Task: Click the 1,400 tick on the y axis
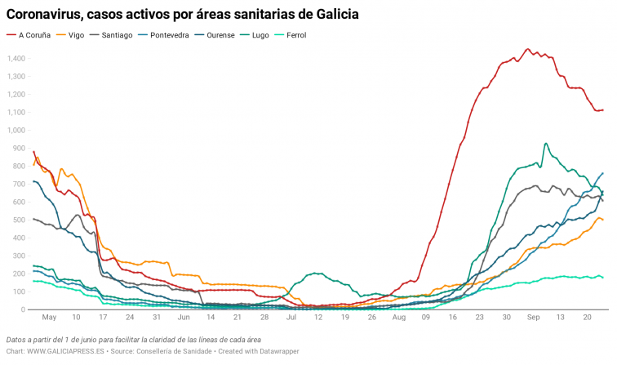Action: tap(16, 58)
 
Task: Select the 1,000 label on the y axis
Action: tap(16, 130)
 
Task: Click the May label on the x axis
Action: tap(49, 316)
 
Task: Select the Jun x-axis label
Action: tap(184, 316)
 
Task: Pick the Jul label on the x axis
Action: tap(291, 316)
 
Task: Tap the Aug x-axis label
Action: tap(398, 316)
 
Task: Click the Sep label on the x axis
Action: tap(533, 316)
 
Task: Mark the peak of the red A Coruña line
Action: tap(526, 49)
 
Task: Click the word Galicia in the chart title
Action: tap(333, 14)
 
